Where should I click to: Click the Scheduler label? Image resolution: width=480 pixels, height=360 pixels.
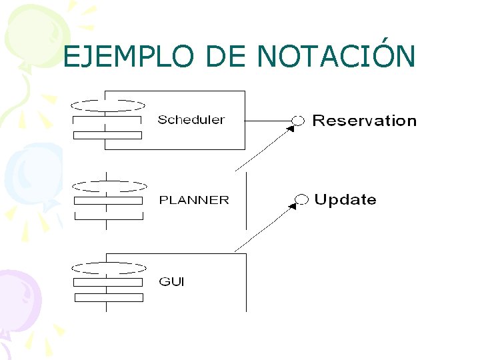click(x=191, y=120)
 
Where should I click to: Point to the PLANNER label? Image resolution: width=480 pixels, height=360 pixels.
click(x=193, y=200)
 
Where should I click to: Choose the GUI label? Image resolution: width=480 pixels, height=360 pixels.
click(x=171, y=281)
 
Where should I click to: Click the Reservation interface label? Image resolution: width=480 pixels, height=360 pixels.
click(x=364, y=121)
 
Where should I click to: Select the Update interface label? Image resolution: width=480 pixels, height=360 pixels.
click(x=345, y=199)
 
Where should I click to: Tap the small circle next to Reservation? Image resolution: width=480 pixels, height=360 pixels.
click(x=298, y=120)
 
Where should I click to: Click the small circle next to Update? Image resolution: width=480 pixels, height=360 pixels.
click(x=301, y=199)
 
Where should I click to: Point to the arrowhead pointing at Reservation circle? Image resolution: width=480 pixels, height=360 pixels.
click(x=291, y=129)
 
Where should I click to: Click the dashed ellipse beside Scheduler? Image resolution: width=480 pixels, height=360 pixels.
click(x=108, y=105)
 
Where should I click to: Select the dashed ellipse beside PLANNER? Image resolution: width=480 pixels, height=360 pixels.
click(x=109, y=185)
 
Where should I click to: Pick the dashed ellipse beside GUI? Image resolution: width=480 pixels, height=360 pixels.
click(x=109, y=267)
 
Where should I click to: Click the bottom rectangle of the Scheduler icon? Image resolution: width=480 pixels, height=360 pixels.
click(x=107, y=135)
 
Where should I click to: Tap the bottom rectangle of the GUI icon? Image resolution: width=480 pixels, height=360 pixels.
click(x=108, y=297)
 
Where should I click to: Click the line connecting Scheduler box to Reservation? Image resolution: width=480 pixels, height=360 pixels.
click(x=268, y=120)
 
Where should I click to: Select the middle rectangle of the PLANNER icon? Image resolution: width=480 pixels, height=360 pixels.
click(x=108, y=200)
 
